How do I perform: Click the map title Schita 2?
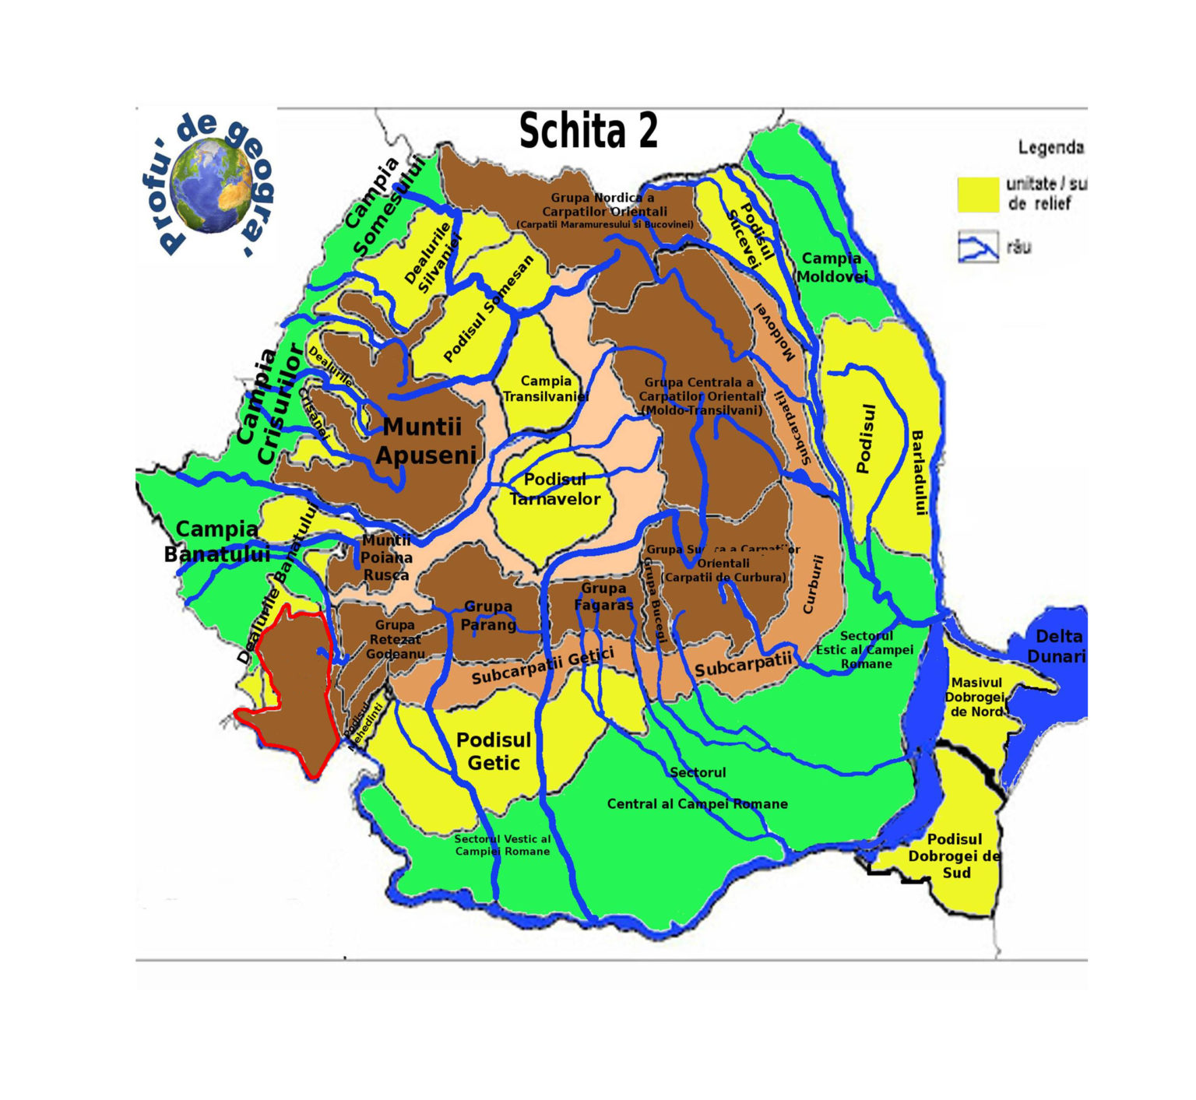click(588, 131)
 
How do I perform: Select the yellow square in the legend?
click(977, 194)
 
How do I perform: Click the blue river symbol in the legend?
click(978, 248)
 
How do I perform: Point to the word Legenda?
click(1050, 147)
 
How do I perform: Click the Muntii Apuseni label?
click(424, 441)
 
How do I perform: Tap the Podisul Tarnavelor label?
click(554, 490)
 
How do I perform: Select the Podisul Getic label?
click(494, 751)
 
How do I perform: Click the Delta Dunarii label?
click(1057, 646)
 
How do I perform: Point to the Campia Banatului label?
click(216, 541)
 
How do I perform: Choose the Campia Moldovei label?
click(831, 267)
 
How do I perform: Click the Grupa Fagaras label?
click(603, 596)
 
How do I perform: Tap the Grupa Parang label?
click(488, 615)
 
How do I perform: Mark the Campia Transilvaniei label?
click(545, 388)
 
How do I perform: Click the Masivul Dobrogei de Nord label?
click(976, 697)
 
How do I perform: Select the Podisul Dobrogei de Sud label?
click(955, 856)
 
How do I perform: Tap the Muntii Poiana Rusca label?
click(385, 557)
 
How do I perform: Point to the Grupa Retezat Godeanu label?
click(395, 639)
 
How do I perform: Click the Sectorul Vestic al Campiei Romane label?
click(502, 845)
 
